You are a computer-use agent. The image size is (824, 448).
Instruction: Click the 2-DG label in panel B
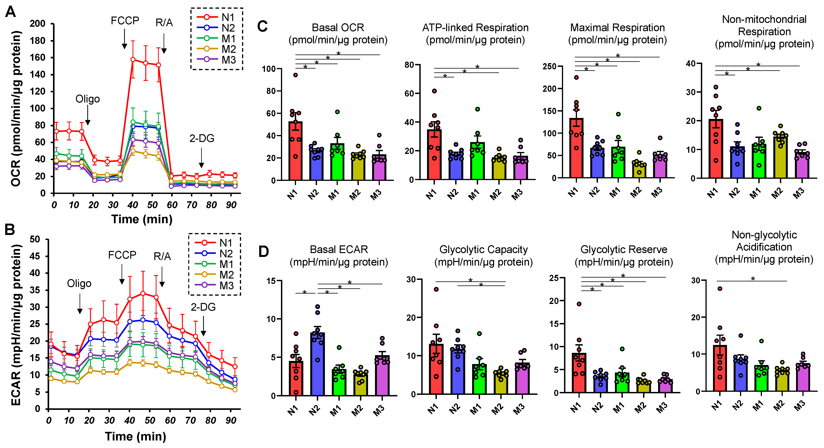pyautogui.click(x=203, y=307)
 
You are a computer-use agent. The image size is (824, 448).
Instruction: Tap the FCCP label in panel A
pyautogui.click(x=125, y=20)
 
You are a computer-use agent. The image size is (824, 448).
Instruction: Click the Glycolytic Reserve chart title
pyautogui.click(x=624, y=256)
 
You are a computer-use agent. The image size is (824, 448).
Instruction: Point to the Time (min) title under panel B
pyautogui.click(x=136, y=436)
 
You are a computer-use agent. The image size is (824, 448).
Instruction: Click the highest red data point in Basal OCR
pyautogui.click(x=296, y=75)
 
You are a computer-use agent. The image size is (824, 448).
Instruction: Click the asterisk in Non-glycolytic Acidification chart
pyautogui.click(x=753, y=279)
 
